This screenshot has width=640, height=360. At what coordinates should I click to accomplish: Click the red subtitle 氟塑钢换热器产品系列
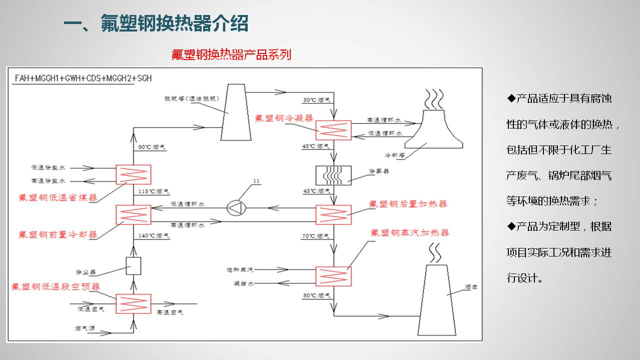pos(231,54)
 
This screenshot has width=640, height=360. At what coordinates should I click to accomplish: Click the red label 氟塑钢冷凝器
pos(284,118)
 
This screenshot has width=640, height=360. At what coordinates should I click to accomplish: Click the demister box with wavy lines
pos(333,175)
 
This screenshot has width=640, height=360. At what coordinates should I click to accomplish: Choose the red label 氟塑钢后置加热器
pos(408,204)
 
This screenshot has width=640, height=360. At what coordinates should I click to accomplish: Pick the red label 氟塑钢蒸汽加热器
pos(410,233)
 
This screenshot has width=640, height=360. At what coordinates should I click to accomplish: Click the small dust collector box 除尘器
pos(134,266)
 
